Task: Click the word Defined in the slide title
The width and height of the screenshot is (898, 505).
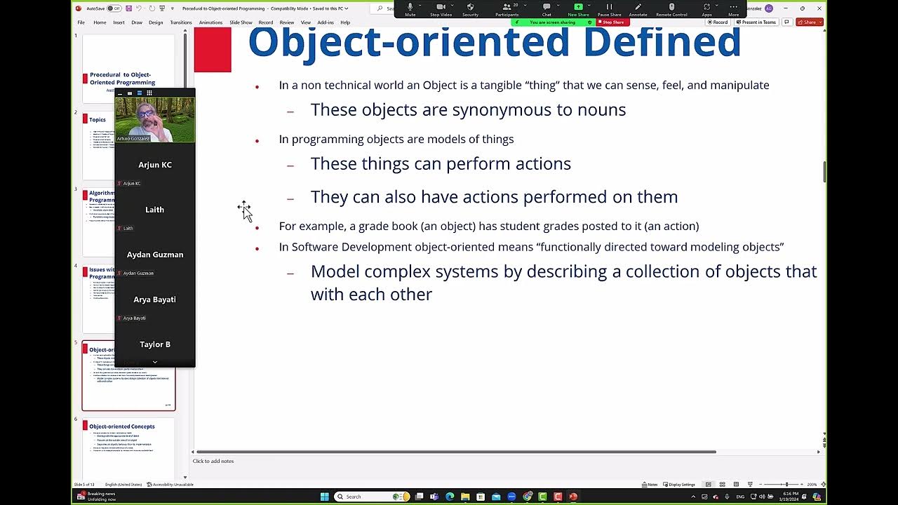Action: pos(662,42)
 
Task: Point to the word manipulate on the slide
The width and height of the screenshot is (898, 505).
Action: pos(739,85)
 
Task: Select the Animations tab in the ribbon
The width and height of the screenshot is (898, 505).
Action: pos(210,22)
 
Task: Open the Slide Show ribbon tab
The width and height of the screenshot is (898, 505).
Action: pos(241,22)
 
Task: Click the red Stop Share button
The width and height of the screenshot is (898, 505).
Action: pos(612,22)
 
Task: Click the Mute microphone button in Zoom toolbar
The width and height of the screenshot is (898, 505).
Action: pos(410,8)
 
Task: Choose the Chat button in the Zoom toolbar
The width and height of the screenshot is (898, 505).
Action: pos(547,8)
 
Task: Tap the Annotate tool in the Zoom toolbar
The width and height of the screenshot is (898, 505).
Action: pos(638,8)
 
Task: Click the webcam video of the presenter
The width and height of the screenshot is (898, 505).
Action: pos(155,119)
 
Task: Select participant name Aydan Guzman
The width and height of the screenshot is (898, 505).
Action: pos(155,255)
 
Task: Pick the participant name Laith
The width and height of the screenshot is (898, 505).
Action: pos(154,210)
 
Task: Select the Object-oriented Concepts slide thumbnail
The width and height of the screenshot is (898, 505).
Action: pos(128,445)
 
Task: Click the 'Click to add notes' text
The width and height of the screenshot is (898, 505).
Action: pos(213,461)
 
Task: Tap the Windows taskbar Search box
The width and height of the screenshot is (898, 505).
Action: pos(365,497)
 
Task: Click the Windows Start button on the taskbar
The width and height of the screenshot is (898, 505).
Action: pos(324,497)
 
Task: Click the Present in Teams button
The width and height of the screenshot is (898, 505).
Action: pos(756,22)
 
